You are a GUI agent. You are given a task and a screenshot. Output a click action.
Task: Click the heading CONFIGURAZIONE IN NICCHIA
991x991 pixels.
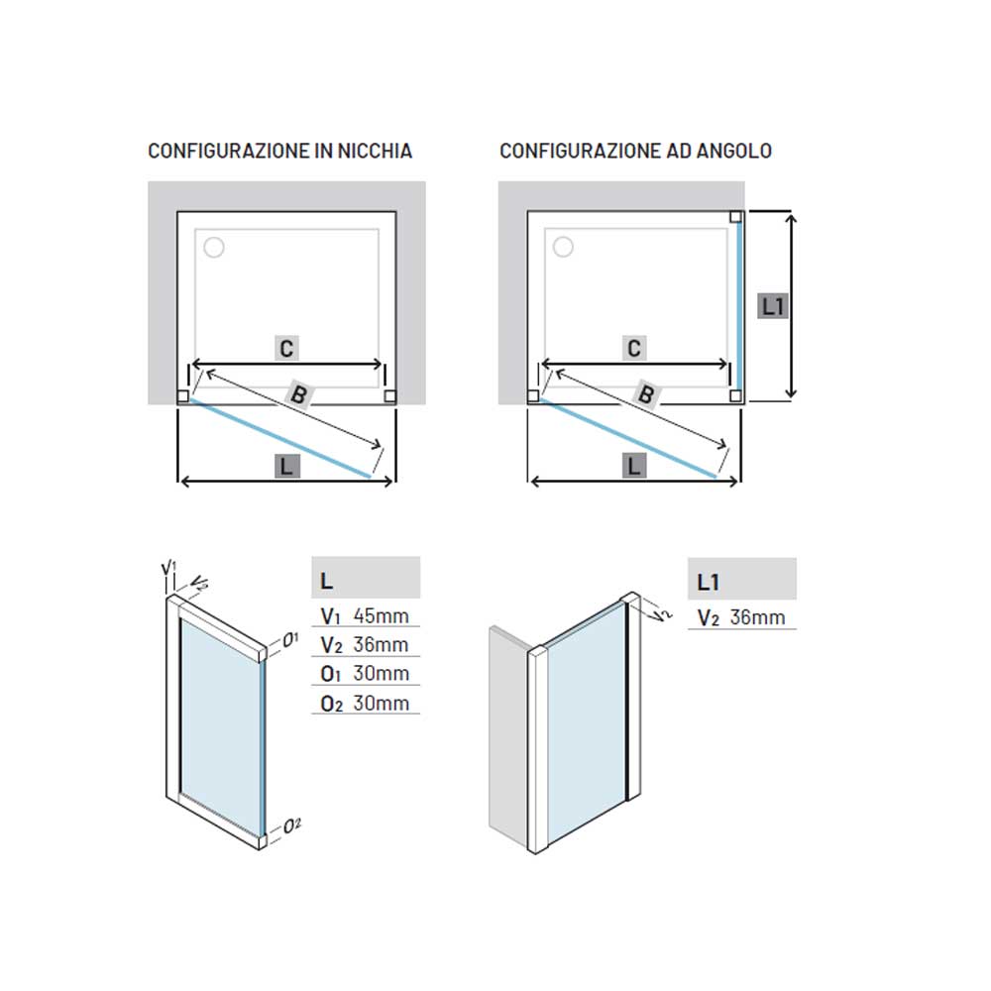[x=280, y=151]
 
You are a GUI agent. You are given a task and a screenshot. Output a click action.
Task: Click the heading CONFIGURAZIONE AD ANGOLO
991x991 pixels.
[x=636, y=151]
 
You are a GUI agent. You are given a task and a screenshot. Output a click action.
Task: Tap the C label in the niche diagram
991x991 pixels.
[x=287, y=348]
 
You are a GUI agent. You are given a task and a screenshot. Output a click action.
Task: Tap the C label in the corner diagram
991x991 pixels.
[x=634, y=348]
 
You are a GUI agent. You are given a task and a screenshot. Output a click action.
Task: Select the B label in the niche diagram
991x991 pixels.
[x=299, y=395]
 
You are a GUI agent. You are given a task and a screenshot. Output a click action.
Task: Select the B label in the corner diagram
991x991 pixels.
[x=646, y=395]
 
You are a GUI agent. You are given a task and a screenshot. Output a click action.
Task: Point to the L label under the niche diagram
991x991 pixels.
[x=287, y=467]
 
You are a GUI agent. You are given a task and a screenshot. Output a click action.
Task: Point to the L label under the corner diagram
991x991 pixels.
[x=634, y=467]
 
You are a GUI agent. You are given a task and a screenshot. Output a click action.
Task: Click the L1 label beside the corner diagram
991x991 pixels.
[x=773, y=306]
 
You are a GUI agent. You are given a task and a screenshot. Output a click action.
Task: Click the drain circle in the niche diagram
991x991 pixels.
[x=214, y=247]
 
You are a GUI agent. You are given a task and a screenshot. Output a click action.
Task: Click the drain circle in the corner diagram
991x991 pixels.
[x=563, y=247]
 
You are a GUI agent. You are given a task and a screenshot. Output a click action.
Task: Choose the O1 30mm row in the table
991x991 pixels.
[x=366, y=673]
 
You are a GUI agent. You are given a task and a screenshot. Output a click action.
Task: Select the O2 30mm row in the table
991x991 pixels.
[x=366, y=703]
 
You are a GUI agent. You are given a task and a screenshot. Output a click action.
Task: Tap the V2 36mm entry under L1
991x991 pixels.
[x=741, y=616]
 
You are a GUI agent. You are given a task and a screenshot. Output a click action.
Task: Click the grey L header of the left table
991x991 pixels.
[x=366, y=578]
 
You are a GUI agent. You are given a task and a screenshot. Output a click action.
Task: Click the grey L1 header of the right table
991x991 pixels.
[x=742, y=579]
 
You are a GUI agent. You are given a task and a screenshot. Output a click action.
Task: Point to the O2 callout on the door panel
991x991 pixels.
[x=292, y=825]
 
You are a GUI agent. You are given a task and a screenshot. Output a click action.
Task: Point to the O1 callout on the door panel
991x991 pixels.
[x=290, y=639]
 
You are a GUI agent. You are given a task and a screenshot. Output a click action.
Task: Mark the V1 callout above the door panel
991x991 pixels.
[x=168, y=568]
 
